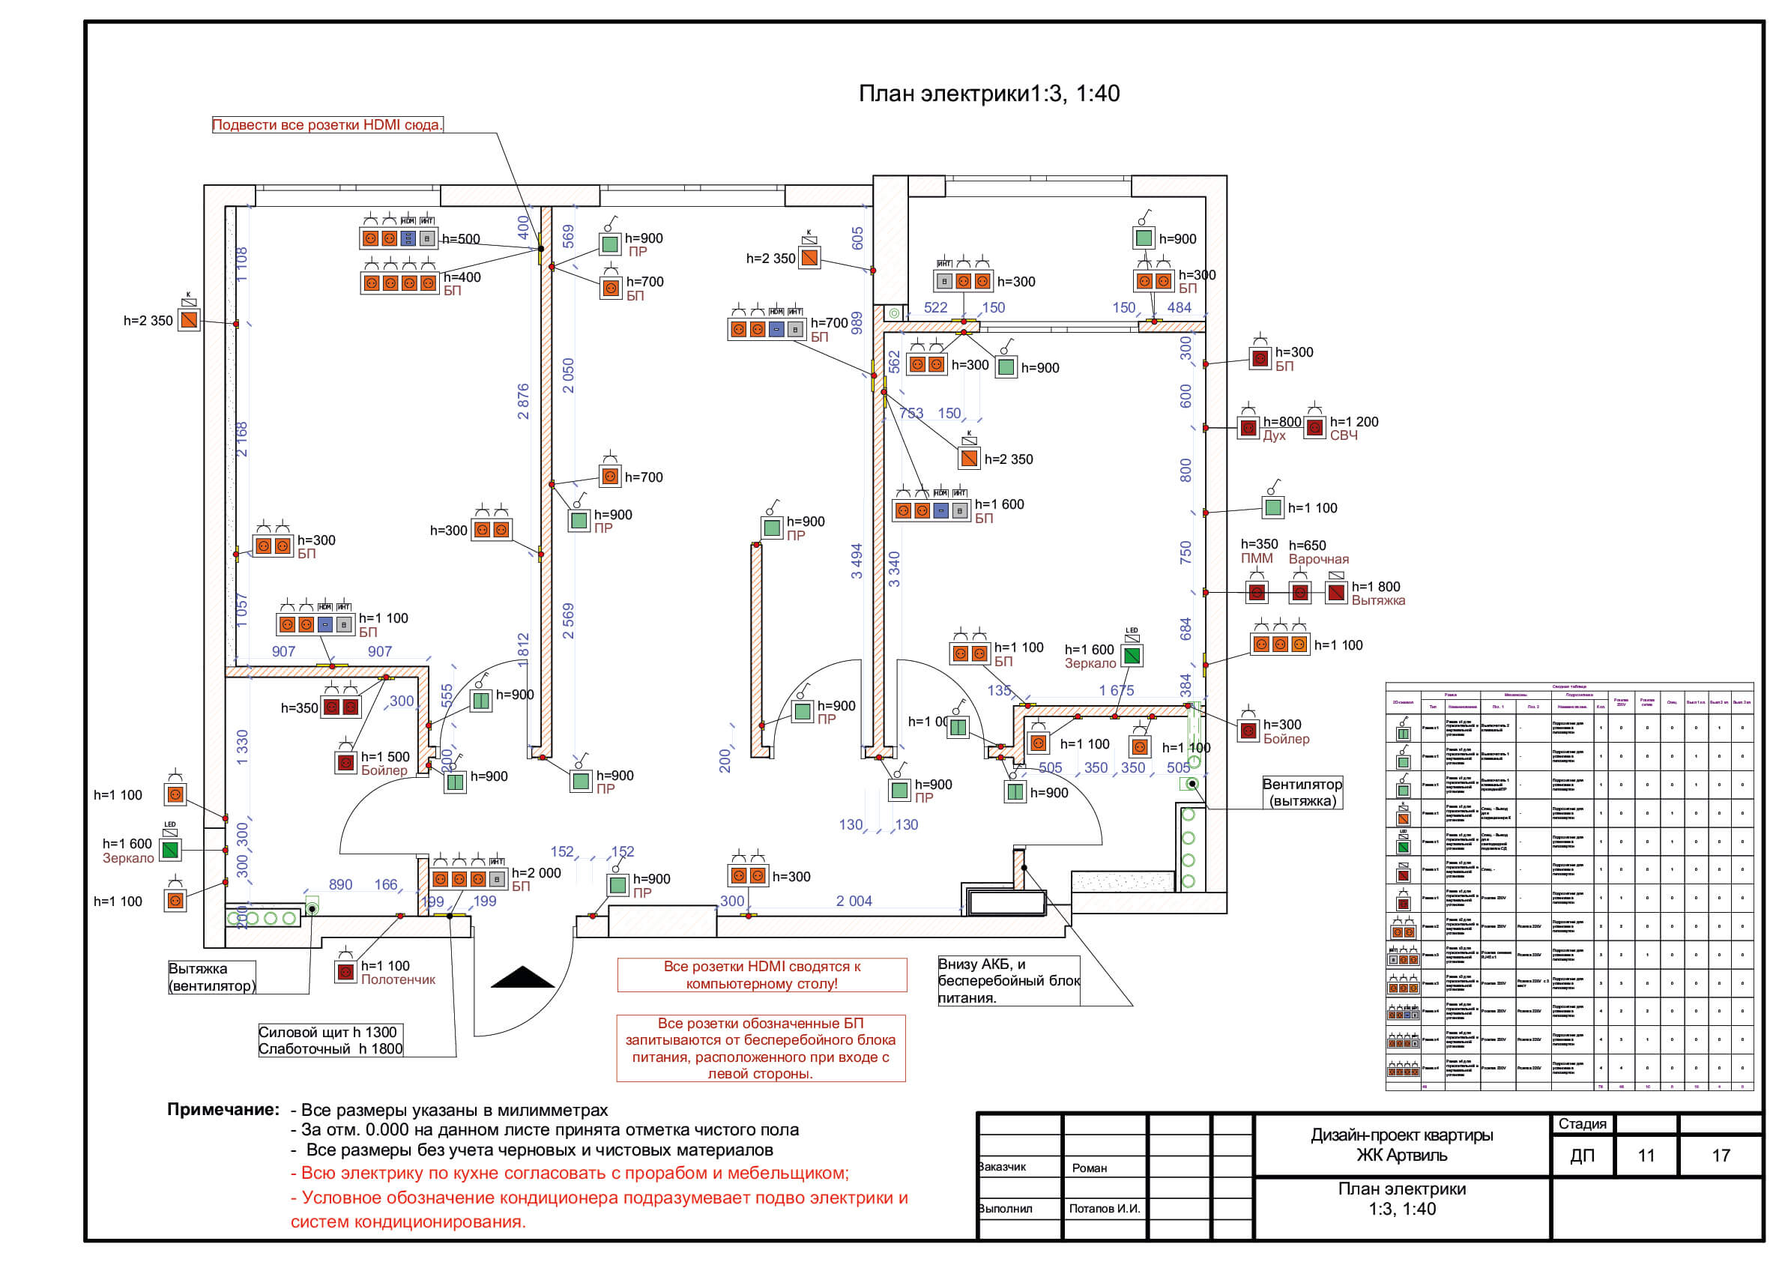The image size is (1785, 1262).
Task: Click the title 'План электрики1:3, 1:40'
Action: (x=988, y=94)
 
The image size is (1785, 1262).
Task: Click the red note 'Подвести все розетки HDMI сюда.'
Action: (x=327, y=125)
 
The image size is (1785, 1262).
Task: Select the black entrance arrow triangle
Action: (x=522, y=977)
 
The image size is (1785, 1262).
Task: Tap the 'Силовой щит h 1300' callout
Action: (x=327, y=1033)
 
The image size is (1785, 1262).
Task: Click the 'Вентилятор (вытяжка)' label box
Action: (x=1302, y=792)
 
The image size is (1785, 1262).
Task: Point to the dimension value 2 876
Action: (x=523, y=401)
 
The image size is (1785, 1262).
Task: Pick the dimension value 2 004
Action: (x=854, y=902)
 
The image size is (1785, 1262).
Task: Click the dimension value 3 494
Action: (x=857, y=561)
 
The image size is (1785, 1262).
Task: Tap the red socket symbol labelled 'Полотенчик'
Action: (x=346, y=971)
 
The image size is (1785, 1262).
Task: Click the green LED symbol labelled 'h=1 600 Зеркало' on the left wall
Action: (x=170, y=850)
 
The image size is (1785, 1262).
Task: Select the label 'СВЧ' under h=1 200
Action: (x=1344, y=435)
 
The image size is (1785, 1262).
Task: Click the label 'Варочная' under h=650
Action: (x=1319, y=559)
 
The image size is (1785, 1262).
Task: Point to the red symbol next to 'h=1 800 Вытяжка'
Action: (x=1335, y=594)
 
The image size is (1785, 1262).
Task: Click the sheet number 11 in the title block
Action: (x=1646, y=1156)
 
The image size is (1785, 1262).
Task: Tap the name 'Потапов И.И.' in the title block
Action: (x=1104, y=1208)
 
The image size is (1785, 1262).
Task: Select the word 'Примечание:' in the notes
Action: (x=223, y=1110)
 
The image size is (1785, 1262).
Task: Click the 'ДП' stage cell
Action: (x=1582, y=1156)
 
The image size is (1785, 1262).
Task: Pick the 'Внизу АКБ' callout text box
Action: (x=1009, y=980)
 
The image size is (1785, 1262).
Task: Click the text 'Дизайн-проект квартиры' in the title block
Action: (x=1402, y=1135)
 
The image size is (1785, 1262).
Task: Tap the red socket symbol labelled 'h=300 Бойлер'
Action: (x=1248, y=731)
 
